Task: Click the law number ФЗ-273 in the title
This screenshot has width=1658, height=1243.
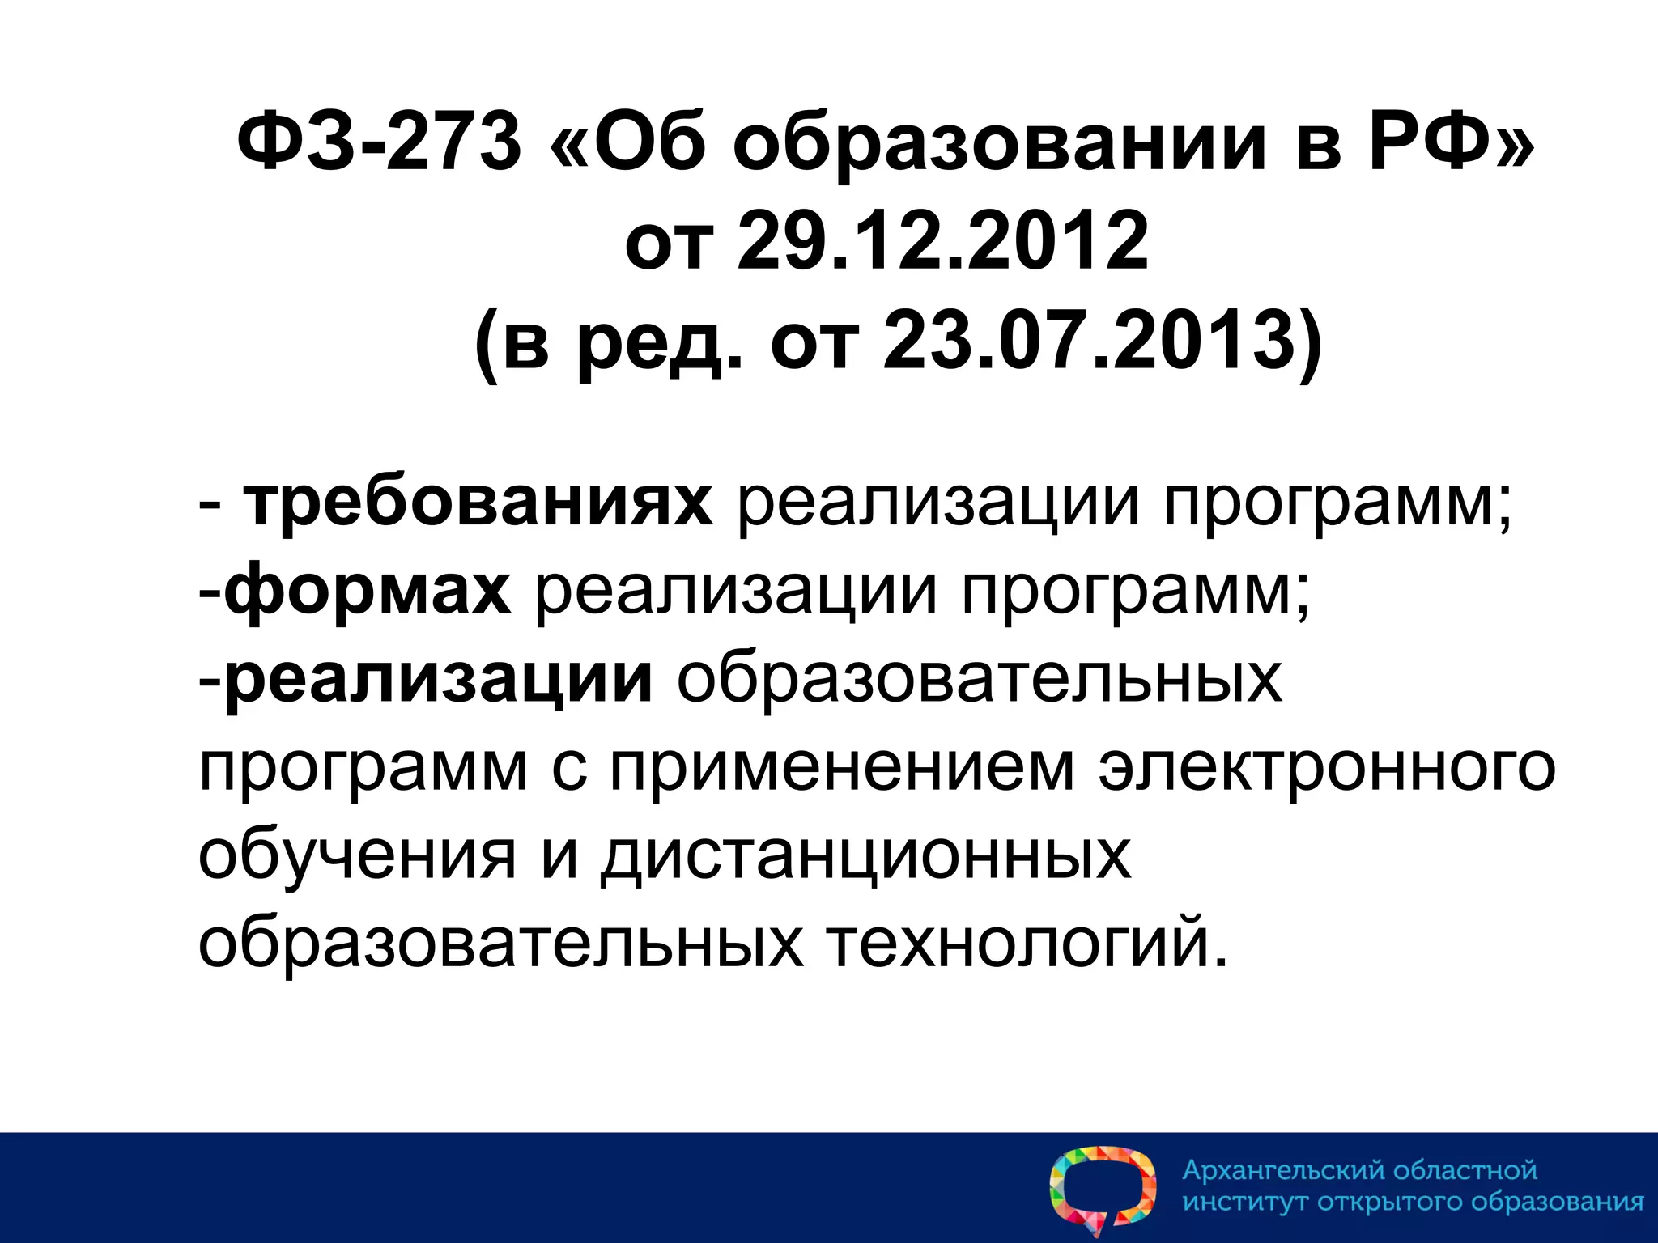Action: (x=379, y=142)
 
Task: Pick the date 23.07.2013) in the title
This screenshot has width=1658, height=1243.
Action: (x=1102, y=340)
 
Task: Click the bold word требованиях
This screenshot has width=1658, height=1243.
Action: (x=478, y=503)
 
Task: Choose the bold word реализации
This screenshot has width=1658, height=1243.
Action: (x=438, y=678)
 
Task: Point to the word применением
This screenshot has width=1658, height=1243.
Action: (x=842, y=767)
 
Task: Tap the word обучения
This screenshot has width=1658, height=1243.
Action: (x=357, y=856)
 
